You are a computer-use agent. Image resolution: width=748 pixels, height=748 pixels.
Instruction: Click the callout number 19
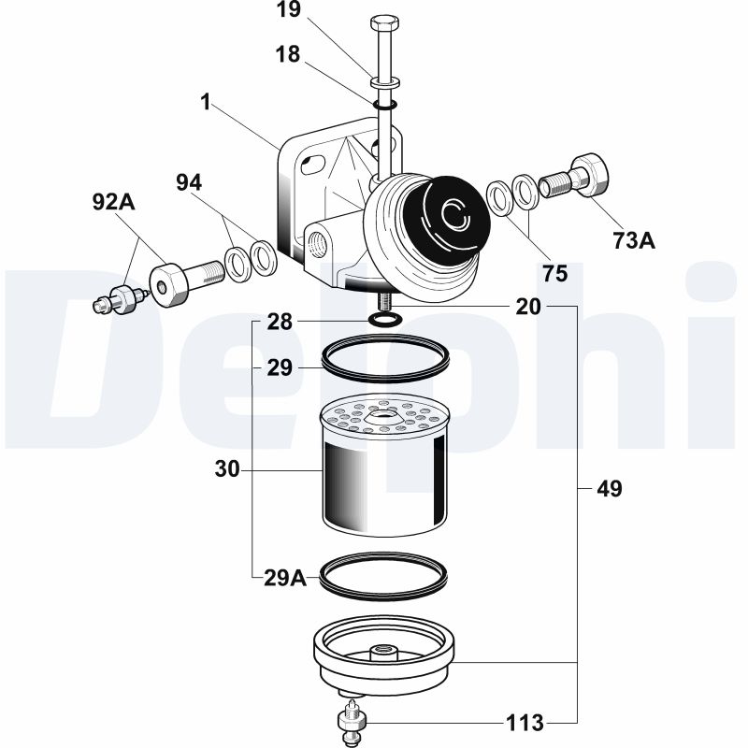coord(289,9)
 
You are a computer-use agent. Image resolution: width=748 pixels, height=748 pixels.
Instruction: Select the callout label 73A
coord(634,241)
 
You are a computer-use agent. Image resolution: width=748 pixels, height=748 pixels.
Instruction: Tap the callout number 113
coord(525,723)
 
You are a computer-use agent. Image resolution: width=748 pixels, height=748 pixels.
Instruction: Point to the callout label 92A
coord(113,202)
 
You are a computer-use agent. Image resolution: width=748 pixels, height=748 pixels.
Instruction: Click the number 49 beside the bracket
coord(610,489)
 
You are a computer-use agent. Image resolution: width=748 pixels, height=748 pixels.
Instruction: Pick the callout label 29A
coord(285,578)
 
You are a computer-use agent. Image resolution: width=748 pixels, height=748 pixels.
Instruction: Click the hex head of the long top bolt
coord(384,22)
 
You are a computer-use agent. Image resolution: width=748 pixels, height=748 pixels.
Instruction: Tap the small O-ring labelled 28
coord(385,320)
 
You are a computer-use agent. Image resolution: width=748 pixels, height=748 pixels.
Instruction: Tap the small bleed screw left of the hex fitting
coord(121,299)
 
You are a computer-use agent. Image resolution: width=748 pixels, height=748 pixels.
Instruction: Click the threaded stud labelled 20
coord(384,300)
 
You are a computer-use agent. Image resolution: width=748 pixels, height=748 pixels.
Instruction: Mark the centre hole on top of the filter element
coord(381,416)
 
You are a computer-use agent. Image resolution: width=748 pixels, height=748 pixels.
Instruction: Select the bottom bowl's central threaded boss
coord(384,652)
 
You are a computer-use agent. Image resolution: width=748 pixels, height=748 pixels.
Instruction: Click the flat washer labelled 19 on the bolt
coord(384,83)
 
